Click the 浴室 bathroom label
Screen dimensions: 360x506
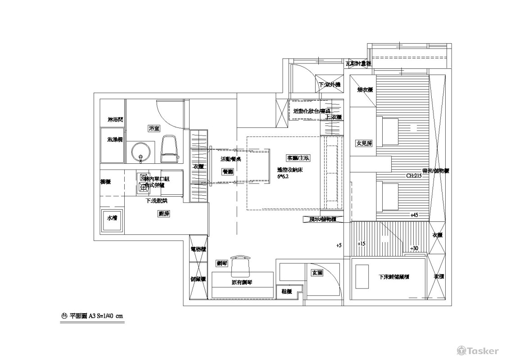(x=154, y=129)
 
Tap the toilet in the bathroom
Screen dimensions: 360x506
(x=169, y=149)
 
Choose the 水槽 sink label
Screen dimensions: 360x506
(x=112, y=218)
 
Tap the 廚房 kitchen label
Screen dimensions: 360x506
(x=163, y=214)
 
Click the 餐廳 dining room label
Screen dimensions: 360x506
(x=227, y=171)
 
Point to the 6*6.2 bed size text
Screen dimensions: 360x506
(x=282, y=177)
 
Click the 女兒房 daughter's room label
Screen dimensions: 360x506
(x=364, y=143)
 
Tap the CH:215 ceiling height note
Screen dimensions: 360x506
(x=414, y=176)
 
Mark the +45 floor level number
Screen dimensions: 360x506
(x=414, y=215)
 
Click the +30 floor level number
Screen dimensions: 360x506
(x=414, y=248)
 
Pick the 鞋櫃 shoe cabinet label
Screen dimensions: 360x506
(x=287, y=292)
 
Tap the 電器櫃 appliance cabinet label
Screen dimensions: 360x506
(x=198, y=248)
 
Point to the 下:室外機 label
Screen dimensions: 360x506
(x=330, y=85)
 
